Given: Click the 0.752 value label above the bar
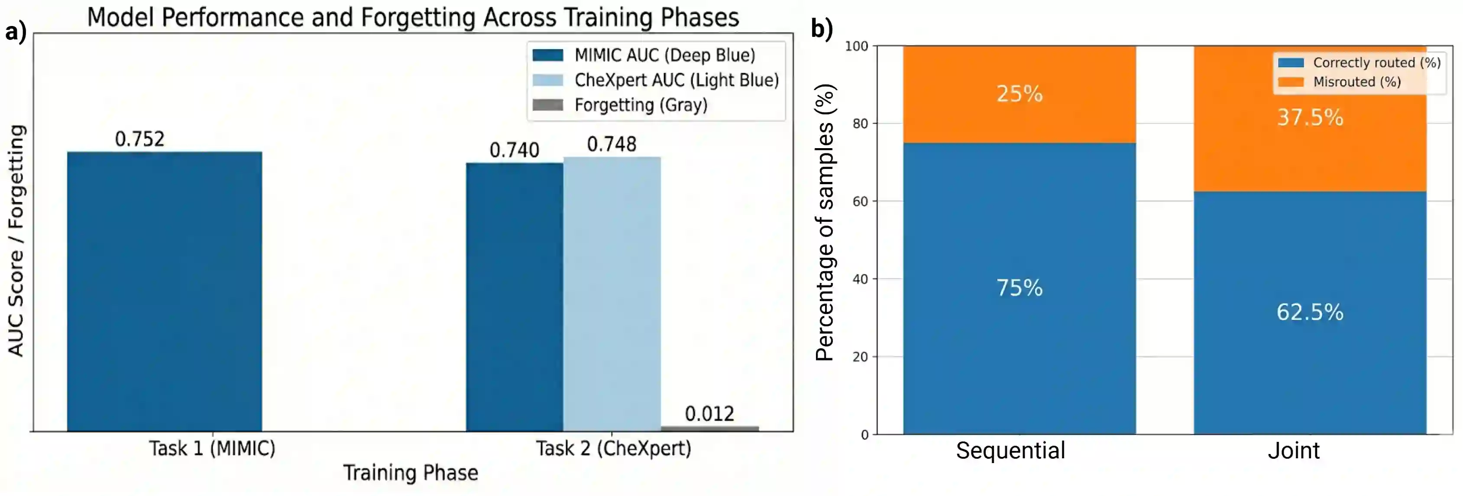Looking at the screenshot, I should (140, 139).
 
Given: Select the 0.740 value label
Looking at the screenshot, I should (514, 150).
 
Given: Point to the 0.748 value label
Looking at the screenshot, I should (612, 144).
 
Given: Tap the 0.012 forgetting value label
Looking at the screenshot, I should (709, 414).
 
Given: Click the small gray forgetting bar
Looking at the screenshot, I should (709, 428).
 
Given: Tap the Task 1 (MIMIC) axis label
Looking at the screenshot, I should (212, 448).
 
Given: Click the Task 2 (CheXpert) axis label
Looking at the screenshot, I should (613, 448).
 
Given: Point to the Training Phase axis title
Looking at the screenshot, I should (411, 473).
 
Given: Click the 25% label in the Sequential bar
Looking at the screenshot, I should (1020, 94).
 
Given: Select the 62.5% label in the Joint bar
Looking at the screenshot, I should (1310, 312).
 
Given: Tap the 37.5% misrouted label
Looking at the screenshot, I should (1310, 117).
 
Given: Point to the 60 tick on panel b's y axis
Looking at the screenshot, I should (861, 202).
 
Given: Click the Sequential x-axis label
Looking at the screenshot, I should (1010, 451).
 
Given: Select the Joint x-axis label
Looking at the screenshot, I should (1294, 451).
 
